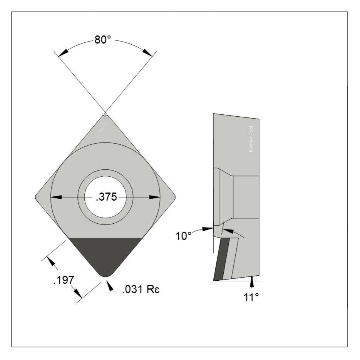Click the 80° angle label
point(103,40)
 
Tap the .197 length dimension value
point(63,280)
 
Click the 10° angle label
point(184,236)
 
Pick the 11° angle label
point(251,297)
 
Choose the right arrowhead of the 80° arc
point(147,52)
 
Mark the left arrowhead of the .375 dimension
point(56,197)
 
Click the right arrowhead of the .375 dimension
point(155,197)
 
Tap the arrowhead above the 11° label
point(252,283)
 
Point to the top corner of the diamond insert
point(105,116)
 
